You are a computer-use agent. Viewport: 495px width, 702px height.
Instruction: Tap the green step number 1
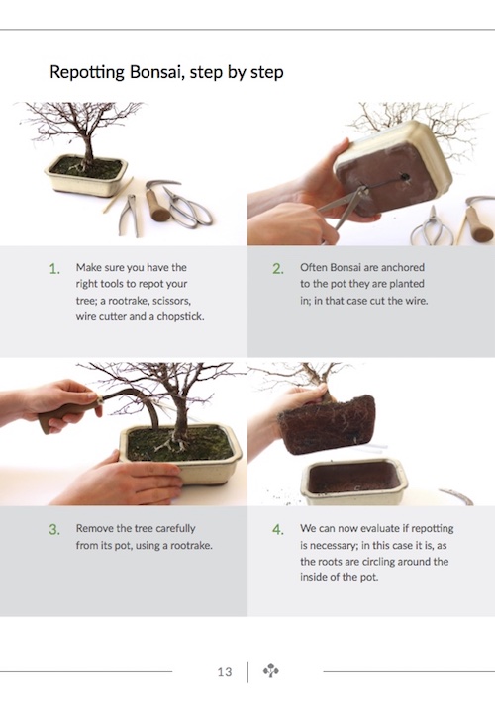click(x=54, y=269)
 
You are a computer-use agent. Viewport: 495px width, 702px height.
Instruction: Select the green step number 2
click(x=278, y=269)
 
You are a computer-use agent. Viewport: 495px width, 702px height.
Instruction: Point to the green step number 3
click(x=54, y=530)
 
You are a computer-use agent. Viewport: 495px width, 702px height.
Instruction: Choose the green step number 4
click(x=278, y=530)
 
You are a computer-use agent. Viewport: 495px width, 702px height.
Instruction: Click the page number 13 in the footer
click(x=225, y=672)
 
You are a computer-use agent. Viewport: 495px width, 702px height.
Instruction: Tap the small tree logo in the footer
click(x=271, y=671)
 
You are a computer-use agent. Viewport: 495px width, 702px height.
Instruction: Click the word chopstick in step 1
click(x=180, y=317)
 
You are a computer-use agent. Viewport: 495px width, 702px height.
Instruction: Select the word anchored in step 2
click(x=403, y=267)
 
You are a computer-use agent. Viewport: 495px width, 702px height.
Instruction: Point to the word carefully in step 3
click(x=172, y=529)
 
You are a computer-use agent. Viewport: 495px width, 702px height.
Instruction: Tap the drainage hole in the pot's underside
click(x=405, y=177)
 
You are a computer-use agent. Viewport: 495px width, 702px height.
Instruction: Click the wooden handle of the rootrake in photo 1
click(x=157, y=207)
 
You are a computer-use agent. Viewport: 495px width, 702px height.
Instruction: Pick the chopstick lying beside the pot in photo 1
click(x=118, y=195)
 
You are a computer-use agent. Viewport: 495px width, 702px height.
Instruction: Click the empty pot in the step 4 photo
click(x=354, y=481)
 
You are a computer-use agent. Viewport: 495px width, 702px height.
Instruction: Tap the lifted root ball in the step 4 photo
click(x=328, y=424)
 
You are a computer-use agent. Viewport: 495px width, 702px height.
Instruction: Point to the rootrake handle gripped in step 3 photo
click(x=67, y=414)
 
